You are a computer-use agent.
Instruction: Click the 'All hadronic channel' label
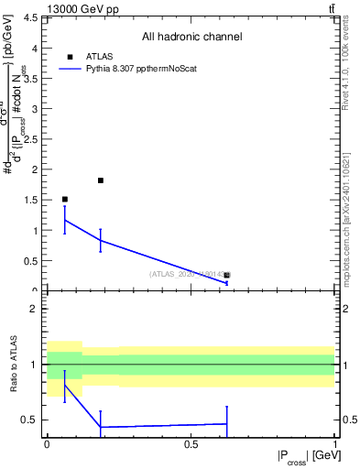click(191, 38)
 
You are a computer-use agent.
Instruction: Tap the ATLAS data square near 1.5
click(64, 199)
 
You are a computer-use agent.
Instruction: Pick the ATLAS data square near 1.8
click(101, 180)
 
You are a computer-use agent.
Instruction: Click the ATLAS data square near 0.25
click(227, 275)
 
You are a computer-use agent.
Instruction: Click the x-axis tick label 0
click(47, 444)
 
